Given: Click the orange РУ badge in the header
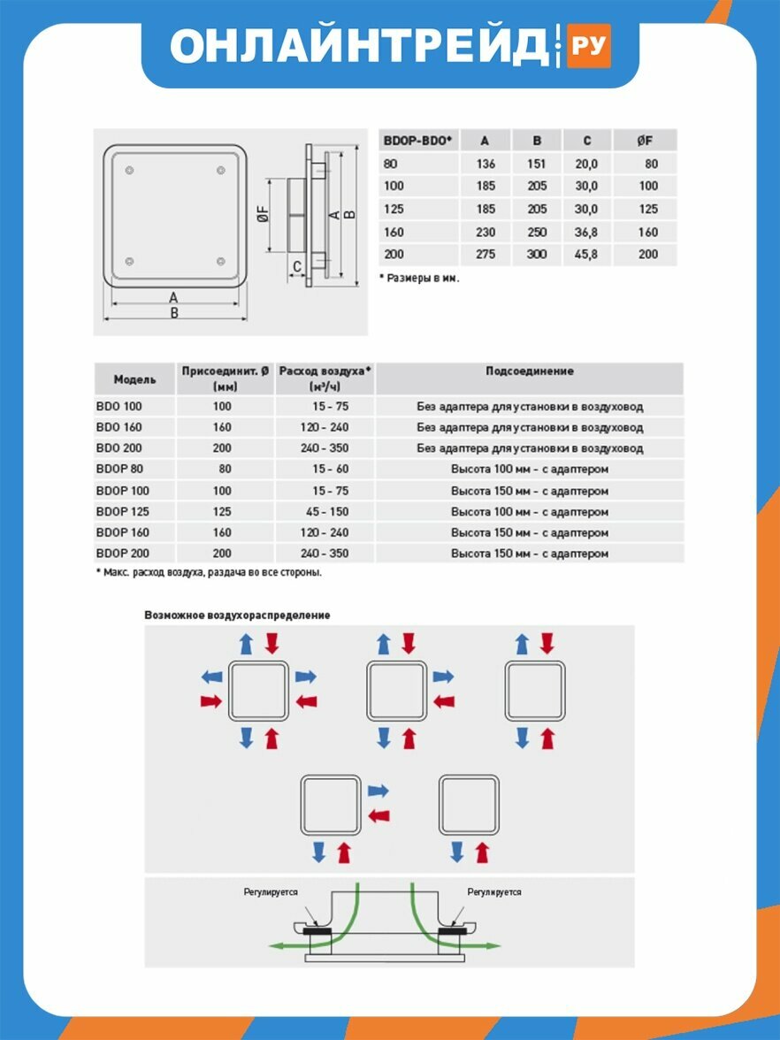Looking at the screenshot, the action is click(x=588, y=45).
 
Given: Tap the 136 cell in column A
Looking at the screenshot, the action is click(x=486, y=164).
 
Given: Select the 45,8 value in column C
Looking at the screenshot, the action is click(x=586, y=254).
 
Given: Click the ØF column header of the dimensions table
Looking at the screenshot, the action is click(x=644, y=141).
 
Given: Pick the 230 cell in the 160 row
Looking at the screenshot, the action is click(x=486, y=232).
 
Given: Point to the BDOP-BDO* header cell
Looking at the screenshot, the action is click(x=417, y=141).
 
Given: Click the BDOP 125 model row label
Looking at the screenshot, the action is click(x=123, y=511).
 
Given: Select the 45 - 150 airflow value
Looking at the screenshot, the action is click(x=325, y=511).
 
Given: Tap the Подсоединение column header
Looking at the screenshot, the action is click(x=529, y=371).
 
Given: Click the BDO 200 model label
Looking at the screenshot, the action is click(x=119, y=448).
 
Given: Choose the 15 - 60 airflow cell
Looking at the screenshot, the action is click(x=331, y=469).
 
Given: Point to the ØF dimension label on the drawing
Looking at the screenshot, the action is click(x=264, y=214).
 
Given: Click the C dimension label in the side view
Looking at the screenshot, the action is click(x=297, y=267).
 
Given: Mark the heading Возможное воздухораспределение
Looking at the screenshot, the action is click(x=237, y=615).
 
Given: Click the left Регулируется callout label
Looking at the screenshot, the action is click(x=271, y=892).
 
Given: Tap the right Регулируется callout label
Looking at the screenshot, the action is click(x=494, y=892).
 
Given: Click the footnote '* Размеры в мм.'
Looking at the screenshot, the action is click(x=419, y=279).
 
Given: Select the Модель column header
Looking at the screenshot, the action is click(x=134, y=379).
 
